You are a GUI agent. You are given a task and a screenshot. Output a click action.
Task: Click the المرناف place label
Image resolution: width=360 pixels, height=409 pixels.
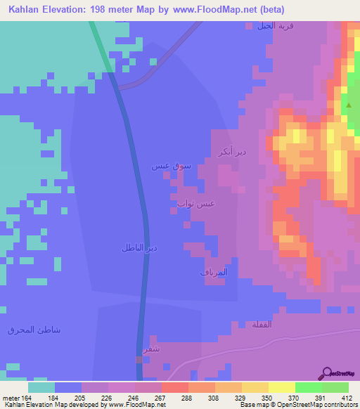(x=211, y=271)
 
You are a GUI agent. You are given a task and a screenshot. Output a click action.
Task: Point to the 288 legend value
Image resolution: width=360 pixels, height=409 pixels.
(x=186, y=397)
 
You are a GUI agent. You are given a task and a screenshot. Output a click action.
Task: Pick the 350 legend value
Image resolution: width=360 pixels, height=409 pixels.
(x=266, y=397)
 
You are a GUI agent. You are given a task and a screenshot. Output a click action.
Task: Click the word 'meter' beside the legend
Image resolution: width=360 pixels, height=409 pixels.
(x=10, y=397)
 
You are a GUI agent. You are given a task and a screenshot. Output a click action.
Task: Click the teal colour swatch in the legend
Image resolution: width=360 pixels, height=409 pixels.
(x=41, y=387)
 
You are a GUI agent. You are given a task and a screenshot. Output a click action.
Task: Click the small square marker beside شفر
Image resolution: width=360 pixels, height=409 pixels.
(x=139, y=359)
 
